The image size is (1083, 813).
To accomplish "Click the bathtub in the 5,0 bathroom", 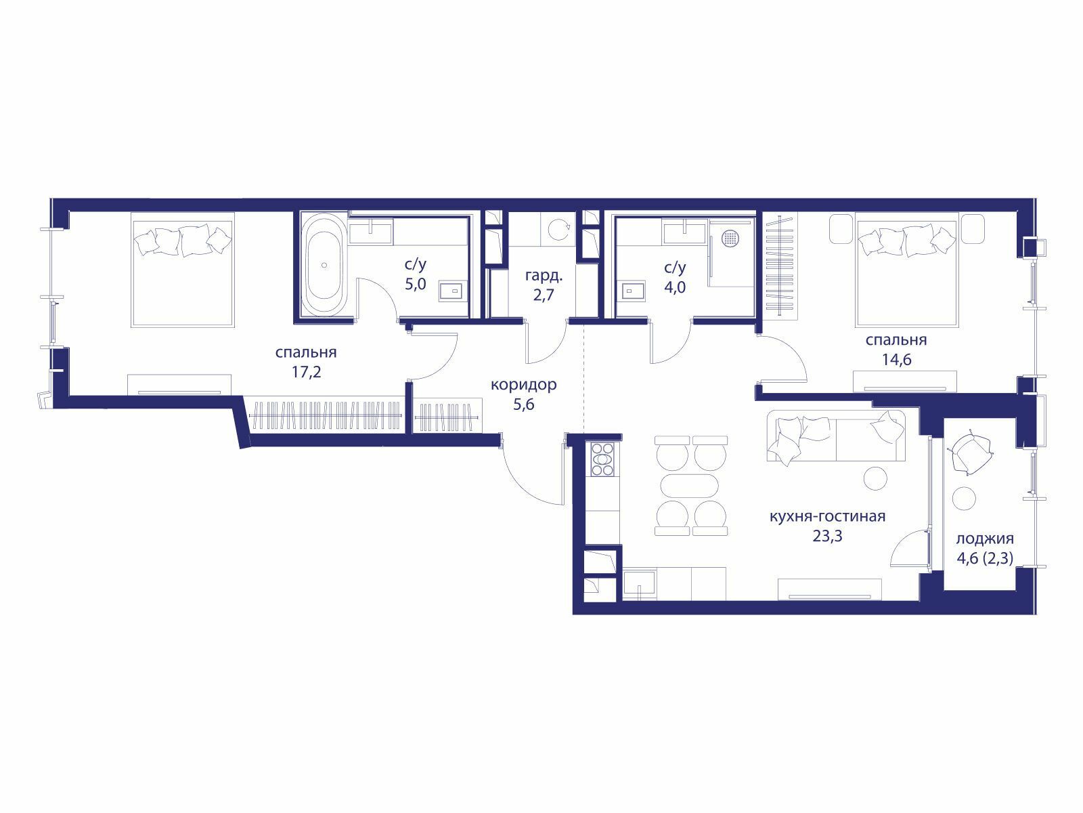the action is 324,264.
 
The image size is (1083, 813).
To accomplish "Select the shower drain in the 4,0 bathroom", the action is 731,238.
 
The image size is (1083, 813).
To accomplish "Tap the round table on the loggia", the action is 964,499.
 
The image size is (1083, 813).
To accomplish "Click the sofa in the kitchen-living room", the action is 836,436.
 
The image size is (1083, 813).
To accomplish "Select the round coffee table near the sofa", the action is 875,478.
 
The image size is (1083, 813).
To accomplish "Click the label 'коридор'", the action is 523,385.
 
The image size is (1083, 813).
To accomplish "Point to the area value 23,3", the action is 827,536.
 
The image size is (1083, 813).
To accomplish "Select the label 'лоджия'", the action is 985,539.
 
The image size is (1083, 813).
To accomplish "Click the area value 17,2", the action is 306,372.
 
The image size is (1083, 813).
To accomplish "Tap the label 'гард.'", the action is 544,276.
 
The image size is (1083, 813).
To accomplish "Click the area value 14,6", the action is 896,360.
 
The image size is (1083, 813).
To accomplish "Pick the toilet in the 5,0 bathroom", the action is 452,291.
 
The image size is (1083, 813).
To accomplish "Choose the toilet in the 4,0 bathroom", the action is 634,291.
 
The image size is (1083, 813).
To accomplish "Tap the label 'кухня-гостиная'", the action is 827,516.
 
